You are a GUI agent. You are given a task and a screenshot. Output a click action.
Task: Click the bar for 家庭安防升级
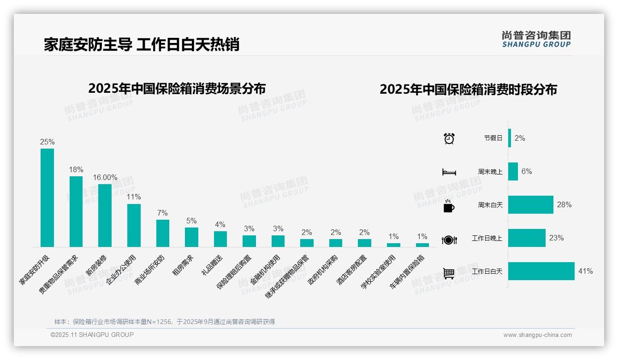47,198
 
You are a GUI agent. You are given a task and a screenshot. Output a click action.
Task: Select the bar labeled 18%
76,211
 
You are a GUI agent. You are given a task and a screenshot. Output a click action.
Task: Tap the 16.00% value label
105,177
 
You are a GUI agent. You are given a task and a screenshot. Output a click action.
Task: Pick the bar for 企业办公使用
134,225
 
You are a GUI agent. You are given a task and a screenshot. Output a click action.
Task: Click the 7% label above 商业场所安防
162,213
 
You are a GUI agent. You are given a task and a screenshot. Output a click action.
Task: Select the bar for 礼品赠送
220,239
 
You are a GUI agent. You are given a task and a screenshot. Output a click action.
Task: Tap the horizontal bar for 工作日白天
541,271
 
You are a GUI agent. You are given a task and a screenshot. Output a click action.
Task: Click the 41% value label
585,271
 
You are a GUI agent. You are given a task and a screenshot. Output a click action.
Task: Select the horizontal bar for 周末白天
530,204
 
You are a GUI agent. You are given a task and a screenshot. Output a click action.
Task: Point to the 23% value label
556,238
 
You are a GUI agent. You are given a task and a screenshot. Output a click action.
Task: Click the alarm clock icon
449,138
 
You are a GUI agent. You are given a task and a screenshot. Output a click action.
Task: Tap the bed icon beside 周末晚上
449,172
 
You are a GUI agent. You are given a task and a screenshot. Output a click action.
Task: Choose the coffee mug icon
449,206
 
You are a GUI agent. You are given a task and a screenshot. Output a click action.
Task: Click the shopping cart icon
449,273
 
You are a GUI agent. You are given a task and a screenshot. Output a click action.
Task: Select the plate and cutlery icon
449,240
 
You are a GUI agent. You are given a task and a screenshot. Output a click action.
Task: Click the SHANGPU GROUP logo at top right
536,39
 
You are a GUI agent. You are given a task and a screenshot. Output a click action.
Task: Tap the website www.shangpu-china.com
537,335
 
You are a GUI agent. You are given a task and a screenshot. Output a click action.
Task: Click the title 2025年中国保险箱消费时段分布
468,89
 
